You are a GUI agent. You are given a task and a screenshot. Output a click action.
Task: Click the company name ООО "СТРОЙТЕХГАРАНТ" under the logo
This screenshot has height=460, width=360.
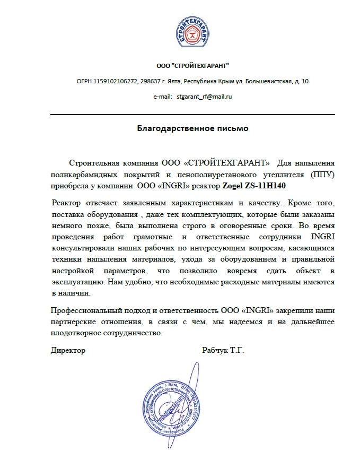(x=192, y=66)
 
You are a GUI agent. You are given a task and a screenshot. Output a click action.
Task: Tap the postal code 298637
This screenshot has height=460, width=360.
(x=151, y=81)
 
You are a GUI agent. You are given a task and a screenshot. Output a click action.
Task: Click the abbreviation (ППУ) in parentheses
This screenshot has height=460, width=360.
(x=323, y=174)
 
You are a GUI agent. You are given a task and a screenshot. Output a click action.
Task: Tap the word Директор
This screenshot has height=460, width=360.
(x=68, y=350)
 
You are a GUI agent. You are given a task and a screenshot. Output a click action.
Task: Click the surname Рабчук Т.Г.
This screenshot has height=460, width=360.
(x=223, y=350)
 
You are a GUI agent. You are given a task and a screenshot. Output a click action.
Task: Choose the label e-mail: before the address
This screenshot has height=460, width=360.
(x=162, y=97)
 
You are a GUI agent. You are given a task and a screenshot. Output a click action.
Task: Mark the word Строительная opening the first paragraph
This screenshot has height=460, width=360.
(x=91, y=162)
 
